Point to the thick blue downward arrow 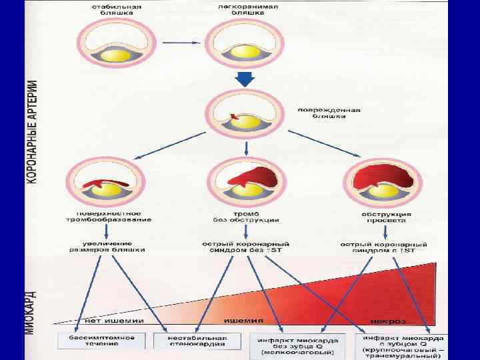tap(245, 79)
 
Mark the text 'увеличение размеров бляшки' tap(108, 247)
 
